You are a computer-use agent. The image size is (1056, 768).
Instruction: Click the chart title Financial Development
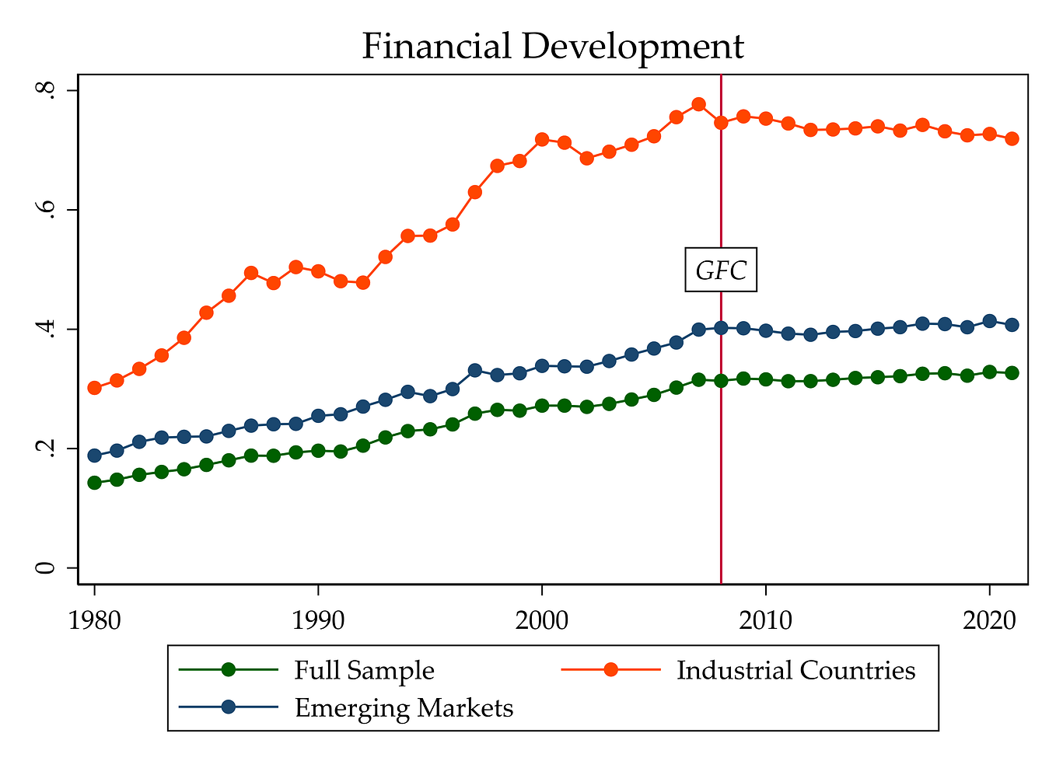(x=552, y=47)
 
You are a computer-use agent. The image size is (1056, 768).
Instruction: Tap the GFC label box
(x=721, y=270)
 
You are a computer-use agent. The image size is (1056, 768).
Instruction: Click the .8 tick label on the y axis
(x=48, y=91)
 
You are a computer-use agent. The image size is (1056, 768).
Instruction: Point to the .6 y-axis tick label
(x=48, y=210)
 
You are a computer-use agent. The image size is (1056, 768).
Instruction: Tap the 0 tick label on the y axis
(x=48, y=568)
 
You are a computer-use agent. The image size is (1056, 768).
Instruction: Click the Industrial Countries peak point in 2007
(x=698, y=104)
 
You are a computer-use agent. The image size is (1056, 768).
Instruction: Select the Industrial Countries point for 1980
(x=95, y=388)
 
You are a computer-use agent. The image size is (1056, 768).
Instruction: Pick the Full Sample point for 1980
(x=95, y=483)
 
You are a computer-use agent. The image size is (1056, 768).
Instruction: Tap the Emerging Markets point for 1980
(x=95, y=456)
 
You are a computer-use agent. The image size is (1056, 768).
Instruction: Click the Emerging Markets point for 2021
(x=1012, y=325)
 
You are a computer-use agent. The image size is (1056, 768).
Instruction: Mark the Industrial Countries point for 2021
(x=1012, y=138)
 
